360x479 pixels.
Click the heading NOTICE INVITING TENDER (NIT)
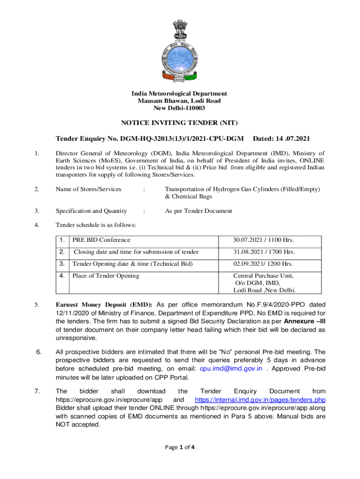[x=180, y=123]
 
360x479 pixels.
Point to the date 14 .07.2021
[x=281, y=139]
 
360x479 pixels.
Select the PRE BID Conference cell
[x=101, y=240]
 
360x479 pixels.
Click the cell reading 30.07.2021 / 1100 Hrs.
[x=264, y=240]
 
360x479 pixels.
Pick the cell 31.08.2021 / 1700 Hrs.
[x=264, y=252]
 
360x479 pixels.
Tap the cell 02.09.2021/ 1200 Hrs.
[x=264, y=264]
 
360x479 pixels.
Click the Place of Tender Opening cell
[x=106, y=276]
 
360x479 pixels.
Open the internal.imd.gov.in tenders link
[x=260, y=400]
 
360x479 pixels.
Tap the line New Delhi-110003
[x=180, y=109]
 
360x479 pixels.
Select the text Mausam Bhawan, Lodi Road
[x=180, y=101]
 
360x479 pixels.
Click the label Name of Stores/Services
[x=88, y=189]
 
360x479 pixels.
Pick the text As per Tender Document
[x=198, y=211]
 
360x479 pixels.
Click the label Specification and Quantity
[x=91, y=211]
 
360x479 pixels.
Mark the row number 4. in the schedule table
[x=62, y=276]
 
